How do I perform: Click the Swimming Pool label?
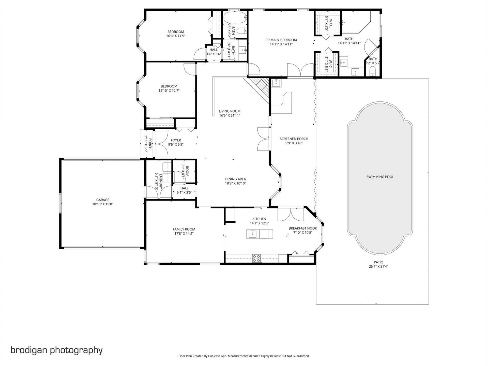point(380,177)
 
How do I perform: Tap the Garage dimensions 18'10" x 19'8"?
point(102,204)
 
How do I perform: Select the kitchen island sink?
point(252,234)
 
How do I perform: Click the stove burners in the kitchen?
point(256,258)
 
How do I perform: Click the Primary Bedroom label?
point(281,40)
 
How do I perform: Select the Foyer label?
point(176,140)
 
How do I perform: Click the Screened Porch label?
point(294,139)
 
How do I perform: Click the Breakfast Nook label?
point(302,228)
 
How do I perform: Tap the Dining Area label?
point(235,179)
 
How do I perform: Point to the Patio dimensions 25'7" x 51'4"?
point(378,267)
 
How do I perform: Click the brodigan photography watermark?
point(56,350)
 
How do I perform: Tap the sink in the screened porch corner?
point(276,83)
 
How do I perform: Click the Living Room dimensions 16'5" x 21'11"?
point(230,115)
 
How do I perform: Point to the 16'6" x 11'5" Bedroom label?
point(176,32)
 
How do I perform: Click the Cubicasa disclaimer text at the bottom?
point(244,356)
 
